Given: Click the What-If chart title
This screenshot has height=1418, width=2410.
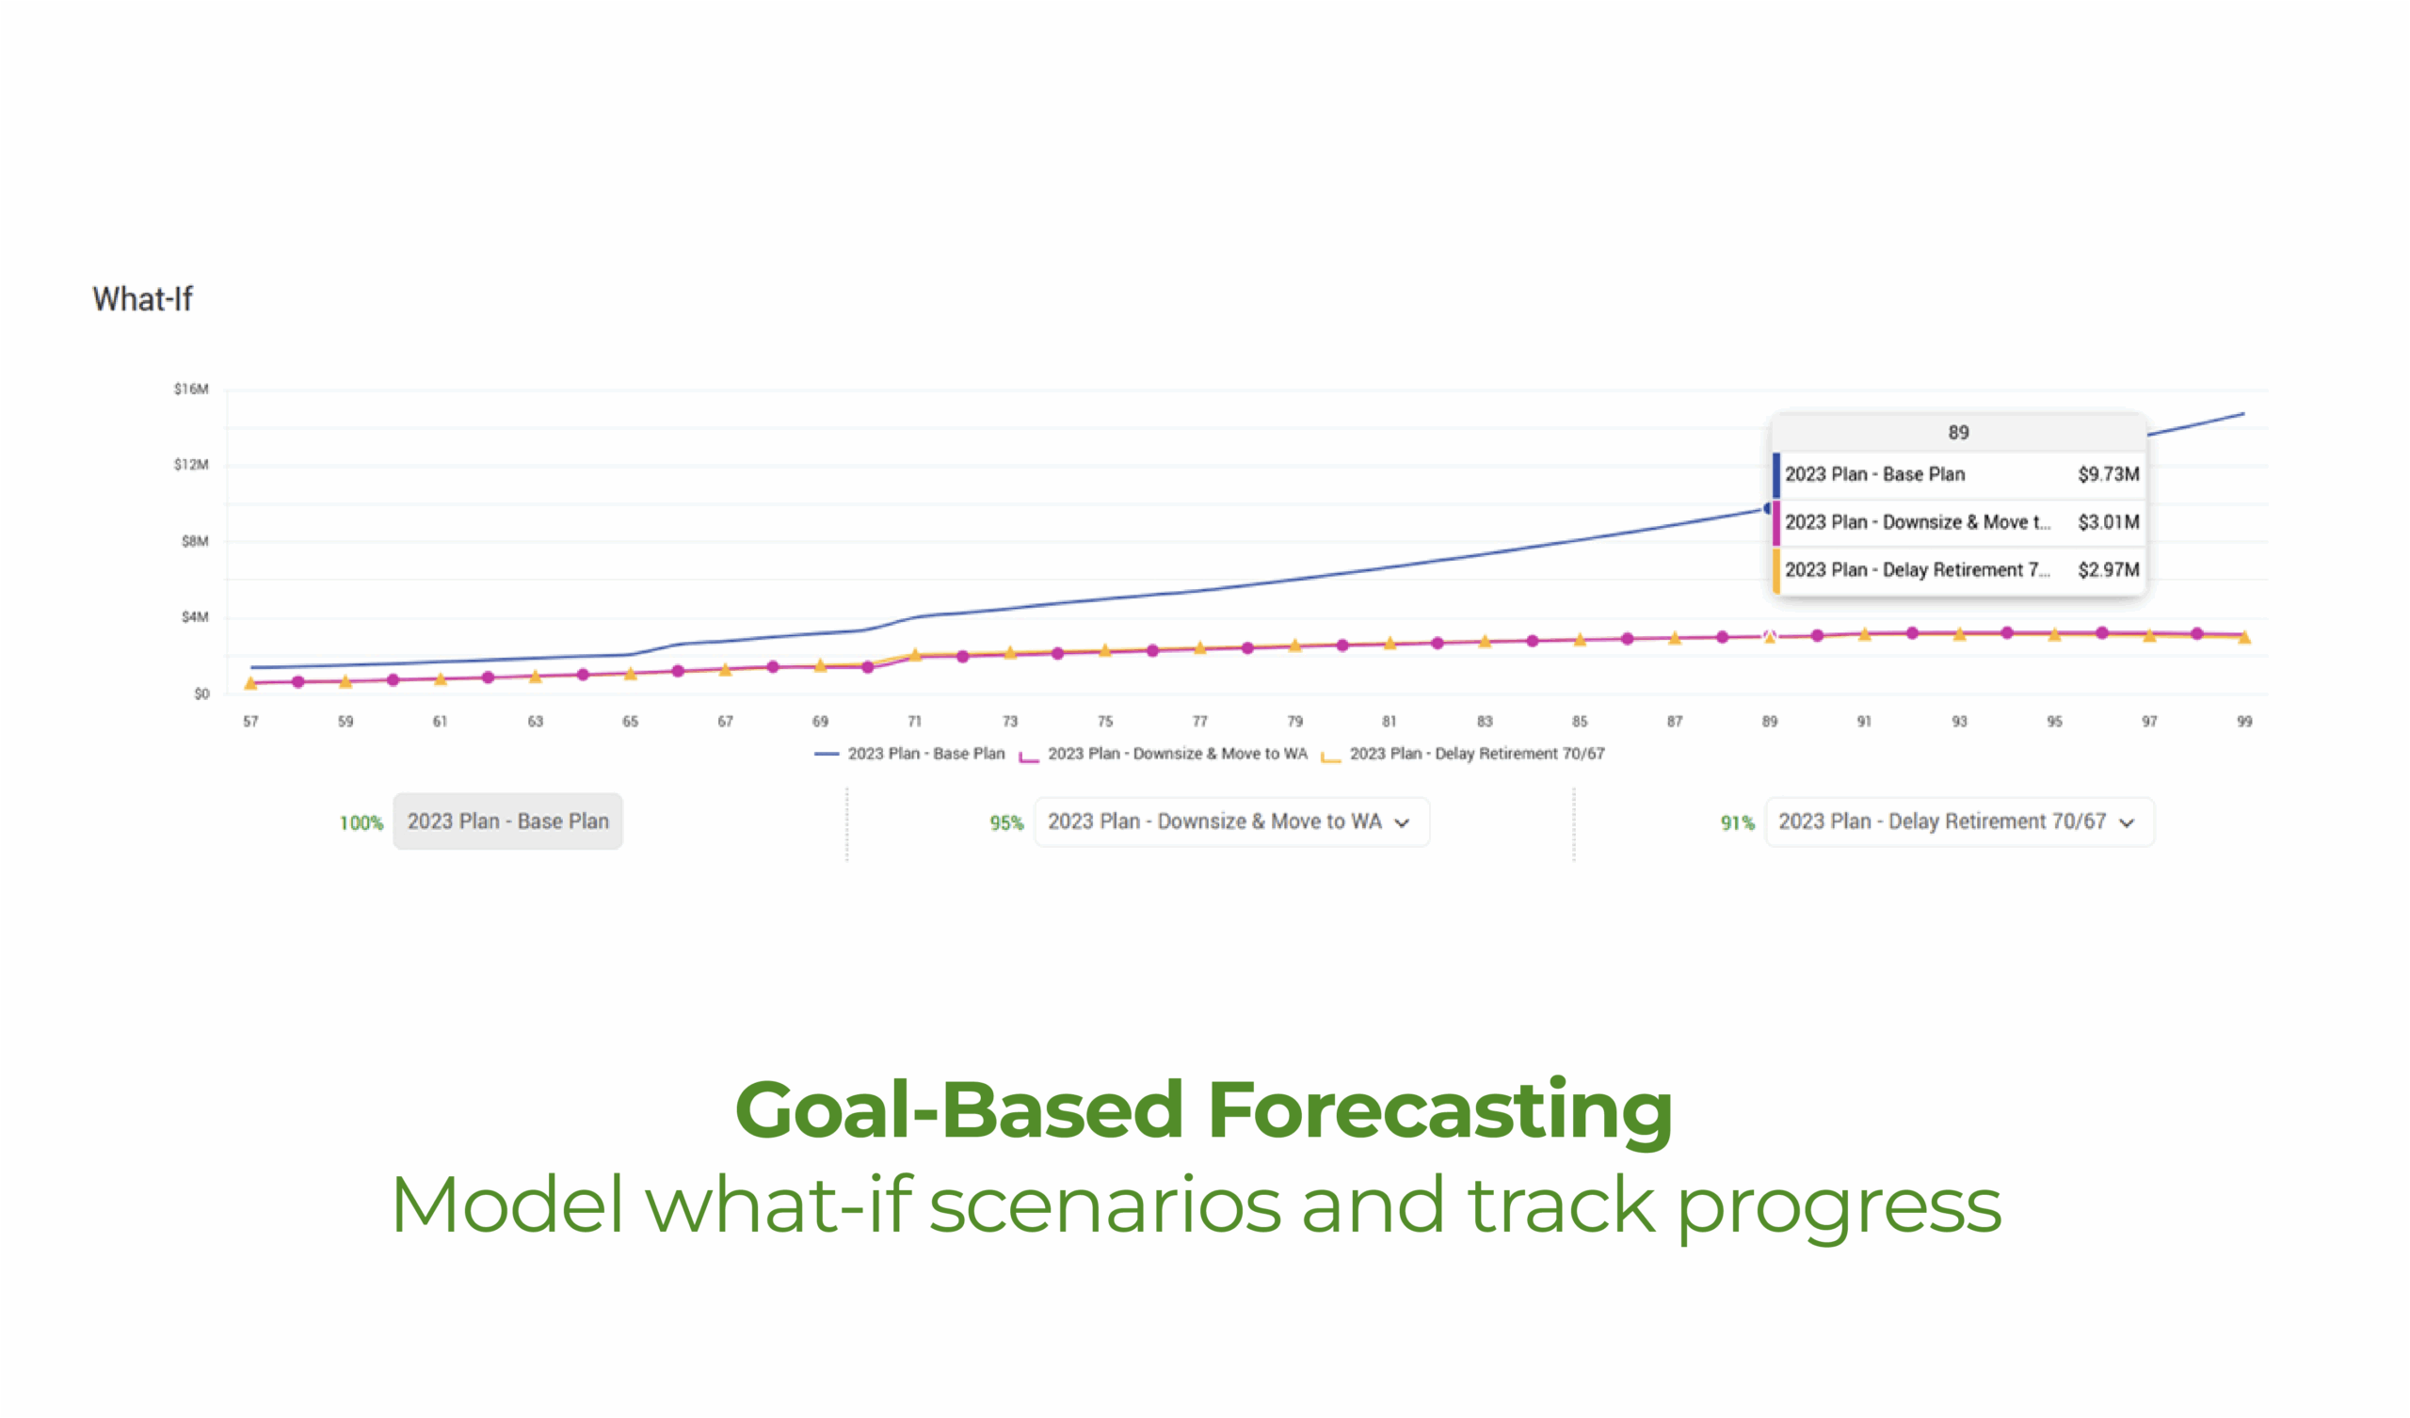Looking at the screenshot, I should click(142, 299).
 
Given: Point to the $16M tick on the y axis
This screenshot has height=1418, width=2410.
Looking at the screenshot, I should click(190, 390).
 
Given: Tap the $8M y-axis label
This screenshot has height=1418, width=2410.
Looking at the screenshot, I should click(194, 541).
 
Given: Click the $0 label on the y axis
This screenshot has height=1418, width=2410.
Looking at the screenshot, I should click(201, 693).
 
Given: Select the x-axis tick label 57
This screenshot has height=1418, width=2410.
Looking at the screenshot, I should click(250, 721).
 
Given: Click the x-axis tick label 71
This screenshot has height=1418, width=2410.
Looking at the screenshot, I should click(914, 721).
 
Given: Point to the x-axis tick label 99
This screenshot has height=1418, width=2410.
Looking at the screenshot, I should click(2243, 721).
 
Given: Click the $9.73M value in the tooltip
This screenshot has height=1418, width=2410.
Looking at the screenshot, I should click(2108, 474).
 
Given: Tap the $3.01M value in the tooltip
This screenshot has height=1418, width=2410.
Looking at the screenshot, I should click(2108, 522).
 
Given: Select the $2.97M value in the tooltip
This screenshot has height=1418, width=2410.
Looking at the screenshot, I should click(2108, 570).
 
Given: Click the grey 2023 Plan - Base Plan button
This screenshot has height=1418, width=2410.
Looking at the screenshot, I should click(507, 821).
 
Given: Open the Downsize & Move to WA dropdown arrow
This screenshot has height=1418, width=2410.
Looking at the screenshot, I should click(1402, 822).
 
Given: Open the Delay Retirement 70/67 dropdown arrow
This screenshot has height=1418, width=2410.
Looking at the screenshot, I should click(2126, 822).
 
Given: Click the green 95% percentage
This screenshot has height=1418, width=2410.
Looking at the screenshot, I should click(1006, 822).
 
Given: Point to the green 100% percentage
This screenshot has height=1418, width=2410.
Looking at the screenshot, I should click(361, 822).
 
